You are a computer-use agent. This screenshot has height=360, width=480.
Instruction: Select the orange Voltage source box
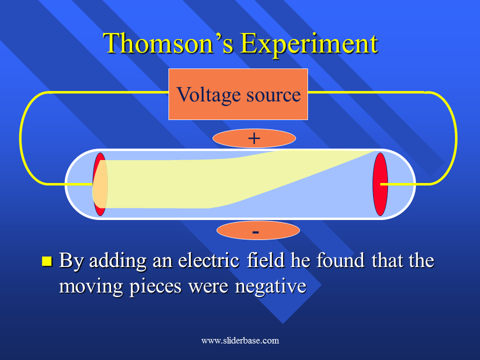[238, 94]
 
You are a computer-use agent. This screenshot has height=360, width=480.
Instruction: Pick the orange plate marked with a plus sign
[254, 138]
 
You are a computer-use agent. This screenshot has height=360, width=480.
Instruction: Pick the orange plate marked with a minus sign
[258, 230]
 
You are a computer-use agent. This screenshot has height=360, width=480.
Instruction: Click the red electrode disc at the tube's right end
[380, 184]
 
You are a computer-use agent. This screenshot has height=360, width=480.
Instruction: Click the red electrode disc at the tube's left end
[100, 184]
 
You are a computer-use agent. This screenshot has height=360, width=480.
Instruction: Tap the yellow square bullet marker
[47, 261]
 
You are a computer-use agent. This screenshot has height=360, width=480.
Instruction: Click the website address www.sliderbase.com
[240, 340]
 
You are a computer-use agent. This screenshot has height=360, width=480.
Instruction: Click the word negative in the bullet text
[270, 287]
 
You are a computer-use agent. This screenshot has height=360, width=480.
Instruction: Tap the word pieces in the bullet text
[155, 287]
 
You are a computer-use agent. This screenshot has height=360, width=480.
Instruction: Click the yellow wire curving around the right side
[456, 138]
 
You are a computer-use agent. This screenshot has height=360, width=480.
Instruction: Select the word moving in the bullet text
[91, 287]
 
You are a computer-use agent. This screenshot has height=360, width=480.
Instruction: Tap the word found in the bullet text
[340, 260]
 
